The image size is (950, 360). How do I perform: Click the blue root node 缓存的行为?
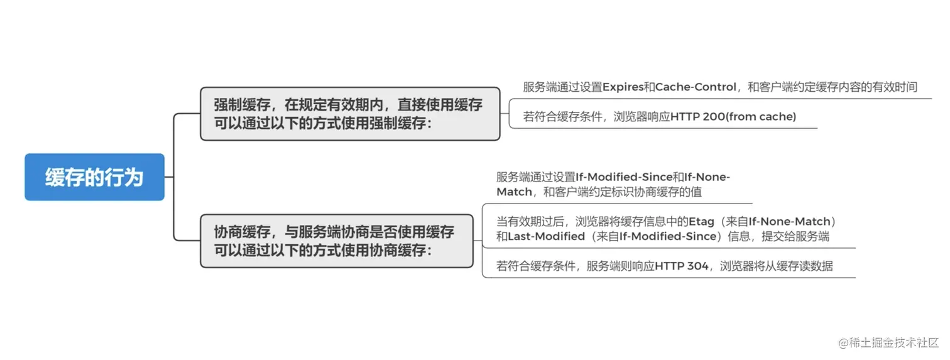(94, 177)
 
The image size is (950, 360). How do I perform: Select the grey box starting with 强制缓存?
(350, 114)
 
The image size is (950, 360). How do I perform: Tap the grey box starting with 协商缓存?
(336, 241)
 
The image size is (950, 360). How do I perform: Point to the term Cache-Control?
(696, 87)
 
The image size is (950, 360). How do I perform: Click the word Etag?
(702, 221)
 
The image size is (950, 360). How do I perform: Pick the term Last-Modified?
(545, 237)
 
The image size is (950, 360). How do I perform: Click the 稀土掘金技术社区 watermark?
(893, 342)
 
